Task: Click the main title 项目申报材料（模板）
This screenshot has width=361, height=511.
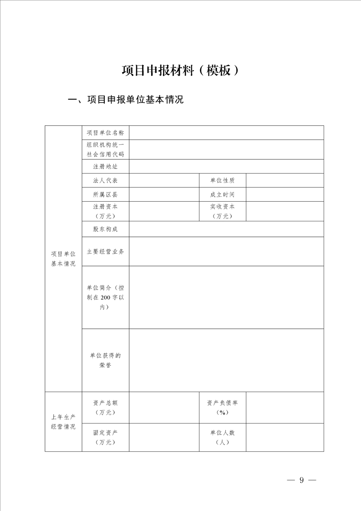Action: [180, 71]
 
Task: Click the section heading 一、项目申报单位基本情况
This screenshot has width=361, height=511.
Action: [125, 100]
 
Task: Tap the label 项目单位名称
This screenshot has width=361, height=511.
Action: [105, 133]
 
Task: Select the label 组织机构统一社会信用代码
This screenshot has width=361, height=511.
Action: [105, 149]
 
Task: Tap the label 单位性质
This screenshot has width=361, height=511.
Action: [222, 180]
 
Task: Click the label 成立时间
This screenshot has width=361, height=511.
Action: [222, 194]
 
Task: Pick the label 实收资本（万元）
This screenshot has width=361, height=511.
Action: [222, 211]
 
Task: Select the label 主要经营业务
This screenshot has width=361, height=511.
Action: [105, 251]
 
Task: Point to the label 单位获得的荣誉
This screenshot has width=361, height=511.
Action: [105, 360]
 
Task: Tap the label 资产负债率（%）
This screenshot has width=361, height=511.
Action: [222, 407]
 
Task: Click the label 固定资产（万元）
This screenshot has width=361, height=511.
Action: [105, 437]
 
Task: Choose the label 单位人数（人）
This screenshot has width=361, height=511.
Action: [222, 437]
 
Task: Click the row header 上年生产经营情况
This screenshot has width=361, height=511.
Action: [63, 422]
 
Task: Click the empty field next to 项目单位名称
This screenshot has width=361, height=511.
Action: [226, 133]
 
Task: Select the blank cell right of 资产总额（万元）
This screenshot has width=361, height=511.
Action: [164, 407]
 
